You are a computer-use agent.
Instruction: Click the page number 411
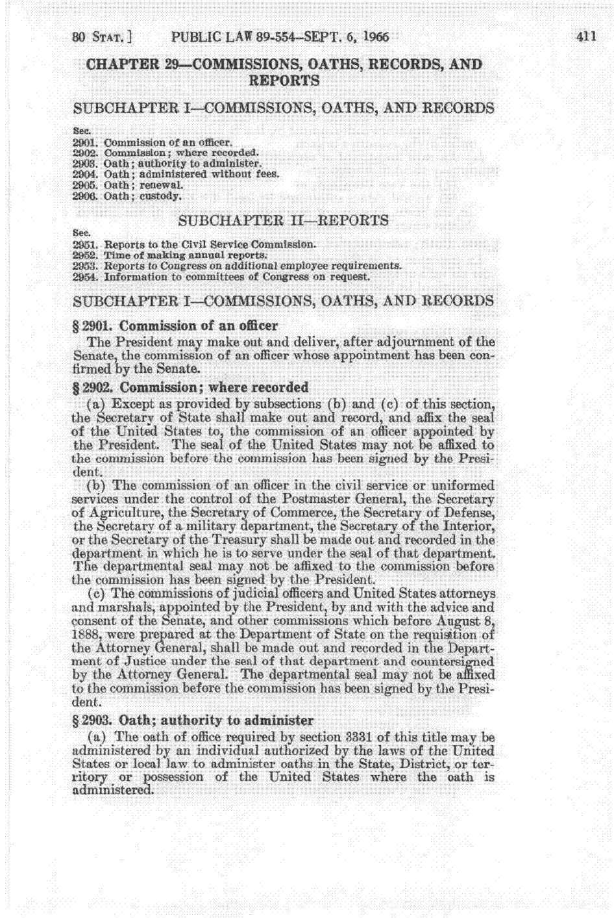click(x=586, y=36)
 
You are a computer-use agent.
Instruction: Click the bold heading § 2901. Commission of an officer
click(x=177, y=325)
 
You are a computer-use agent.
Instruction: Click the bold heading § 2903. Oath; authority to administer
click(x=194, y=720)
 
